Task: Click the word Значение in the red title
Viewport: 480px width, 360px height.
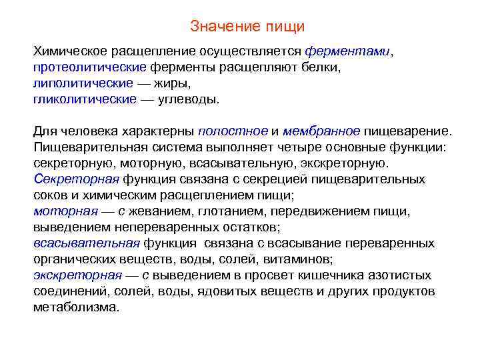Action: pos(217,27)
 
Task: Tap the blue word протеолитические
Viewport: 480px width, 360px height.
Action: pos(89,68)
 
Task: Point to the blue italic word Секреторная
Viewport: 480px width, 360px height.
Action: pos(76,180)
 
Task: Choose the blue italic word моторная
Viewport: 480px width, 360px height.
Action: pos(65,212)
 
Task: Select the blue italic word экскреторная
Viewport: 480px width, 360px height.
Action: pos(77,276)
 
